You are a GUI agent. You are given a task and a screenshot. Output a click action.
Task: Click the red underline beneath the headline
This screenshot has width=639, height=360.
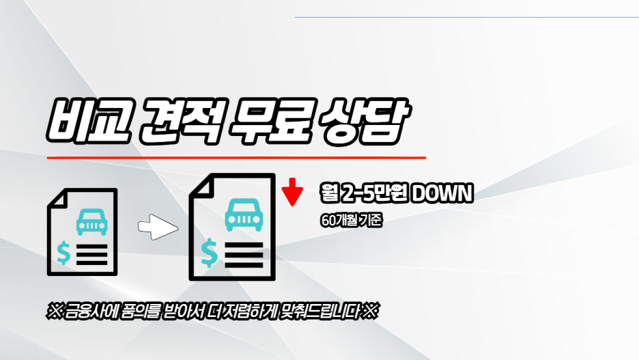[x=236, y=158]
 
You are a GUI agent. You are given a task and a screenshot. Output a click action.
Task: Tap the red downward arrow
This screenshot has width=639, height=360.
[x=292, y=193]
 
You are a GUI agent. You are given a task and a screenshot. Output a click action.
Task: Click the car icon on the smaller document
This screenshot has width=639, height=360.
[x=91, y=221]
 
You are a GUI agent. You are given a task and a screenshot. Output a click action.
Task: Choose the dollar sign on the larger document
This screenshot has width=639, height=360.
[x=210, y=254]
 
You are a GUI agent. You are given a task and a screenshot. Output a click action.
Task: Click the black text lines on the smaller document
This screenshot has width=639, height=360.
[x=92, y=255]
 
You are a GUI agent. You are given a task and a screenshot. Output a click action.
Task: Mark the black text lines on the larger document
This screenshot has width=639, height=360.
[x=243, y=254]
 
